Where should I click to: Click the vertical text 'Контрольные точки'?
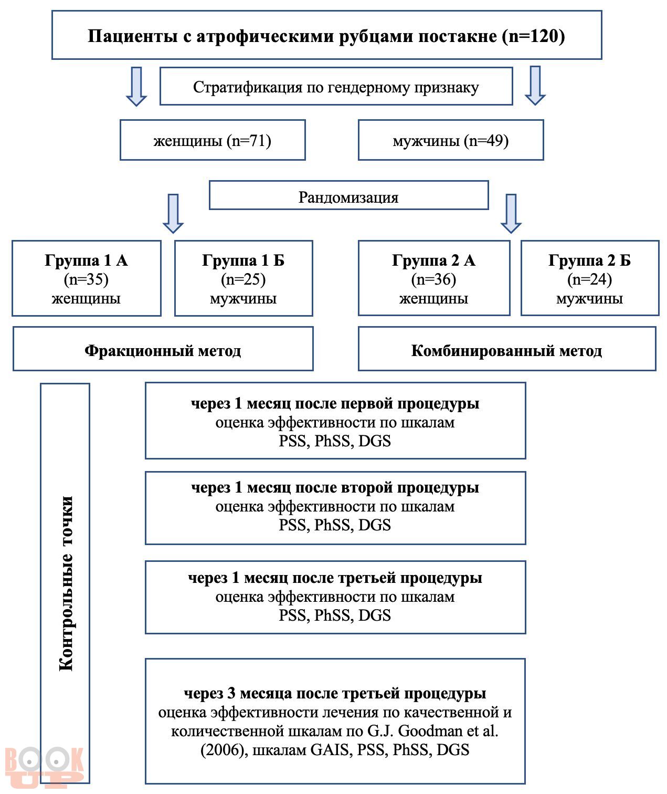click(x=66, y=583)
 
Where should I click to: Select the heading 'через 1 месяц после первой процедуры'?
click(x=335, y=403)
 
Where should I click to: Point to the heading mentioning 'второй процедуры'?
click(x=335, y=487)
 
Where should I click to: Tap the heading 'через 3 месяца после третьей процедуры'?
click(x=335, y=693)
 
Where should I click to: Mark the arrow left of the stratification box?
click(x=136, y=86)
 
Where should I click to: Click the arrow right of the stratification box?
click(x=535, y=86)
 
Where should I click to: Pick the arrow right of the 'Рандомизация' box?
click(x=511, y=214)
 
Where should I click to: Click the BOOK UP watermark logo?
click(x=44, y=767)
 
